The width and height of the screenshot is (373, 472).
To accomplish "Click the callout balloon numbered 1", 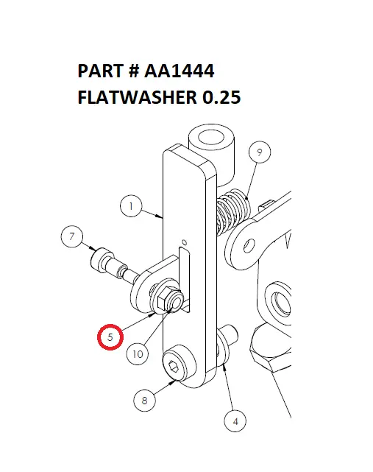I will pos(130,208).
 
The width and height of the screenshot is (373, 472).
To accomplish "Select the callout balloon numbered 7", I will pos(71,238).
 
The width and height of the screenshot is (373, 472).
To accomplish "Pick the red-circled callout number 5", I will pos(110,338).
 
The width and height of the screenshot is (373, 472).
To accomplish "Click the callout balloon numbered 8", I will pos(145,401).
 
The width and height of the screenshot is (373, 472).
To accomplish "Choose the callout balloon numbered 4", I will pos(235,422).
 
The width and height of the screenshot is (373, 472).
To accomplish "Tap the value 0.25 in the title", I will pos(218,97).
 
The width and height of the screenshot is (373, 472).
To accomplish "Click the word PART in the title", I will pos(101,71).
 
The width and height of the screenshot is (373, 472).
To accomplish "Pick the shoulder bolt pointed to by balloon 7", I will pos(110,265).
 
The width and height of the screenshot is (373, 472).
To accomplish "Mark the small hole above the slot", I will pos(184,242).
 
